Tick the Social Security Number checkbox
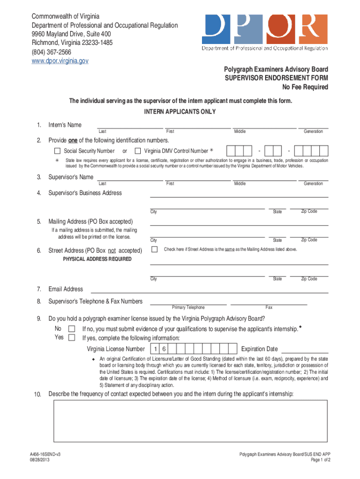click(57, 151)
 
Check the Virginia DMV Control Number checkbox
click(137, 151)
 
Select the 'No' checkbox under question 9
click(72, 329)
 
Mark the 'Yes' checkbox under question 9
click(72, 338)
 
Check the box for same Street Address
click(154, 249)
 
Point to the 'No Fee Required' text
click(305, 87)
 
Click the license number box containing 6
click(164, 349)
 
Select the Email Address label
click(66, 289)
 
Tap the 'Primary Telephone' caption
click(188, 307)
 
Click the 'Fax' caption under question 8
click(269, 307)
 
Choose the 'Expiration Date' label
click(259, 349)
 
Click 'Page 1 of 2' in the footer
click(320, 460)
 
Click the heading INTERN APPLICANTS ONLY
click(180, 111)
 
